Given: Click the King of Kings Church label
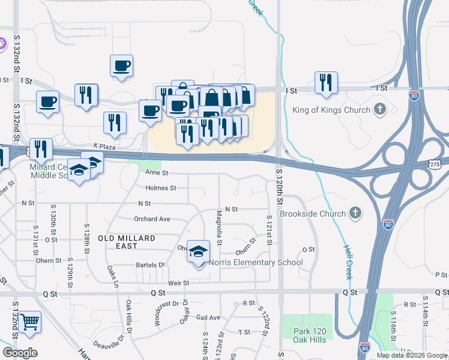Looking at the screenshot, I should tap(330, 110).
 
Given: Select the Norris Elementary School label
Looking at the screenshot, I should tap(256, 263).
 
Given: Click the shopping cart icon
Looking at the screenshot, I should tap(29, 322).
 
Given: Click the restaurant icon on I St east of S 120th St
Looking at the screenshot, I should tap(326, 83).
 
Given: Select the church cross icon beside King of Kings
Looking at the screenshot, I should tap(379, 109).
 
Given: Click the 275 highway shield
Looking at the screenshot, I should tap(436, 163).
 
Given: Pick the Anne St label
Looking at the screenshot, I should tap(155, 172).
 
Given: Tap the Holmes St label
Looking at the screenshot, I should tap(161, 188).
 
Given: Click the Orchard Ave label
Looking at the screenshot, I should tap(152, 219).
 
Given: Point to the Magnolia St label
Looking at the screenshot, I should tap(219, 229).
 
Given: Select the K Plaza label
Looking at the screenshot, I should tap(103, 146).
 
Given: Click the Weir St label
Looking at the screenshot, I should tap(178, 283).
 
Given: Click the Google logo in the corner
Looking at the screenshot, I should tap(20, 353).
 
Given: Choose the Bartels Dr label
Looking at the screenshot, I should tap(150, 265).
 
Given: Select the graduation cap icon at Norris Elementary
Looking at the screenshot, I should tap(198, 251).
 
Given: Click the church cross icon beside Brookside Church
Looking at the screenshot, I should tap(355, 213).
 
